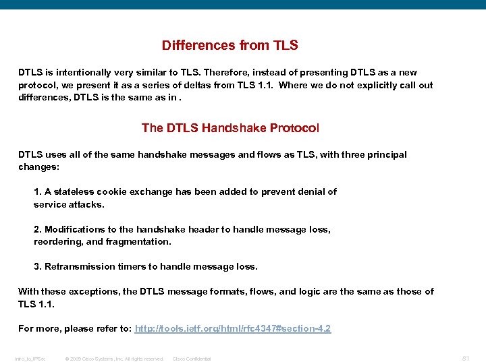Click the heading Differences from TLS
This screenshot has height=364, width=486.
click(230, 46)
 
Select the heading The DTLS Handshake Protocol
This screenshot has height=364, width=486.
click(230, 127)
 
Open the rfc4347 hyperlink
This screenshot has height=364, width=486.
click(233, 329)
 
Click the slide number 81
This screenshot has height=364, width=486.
click(465, 357)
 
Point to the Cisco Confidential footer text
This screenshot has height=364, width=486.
click(192, 359)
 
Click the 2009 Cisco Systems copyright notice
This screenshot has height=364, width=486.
click(114, 359)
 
